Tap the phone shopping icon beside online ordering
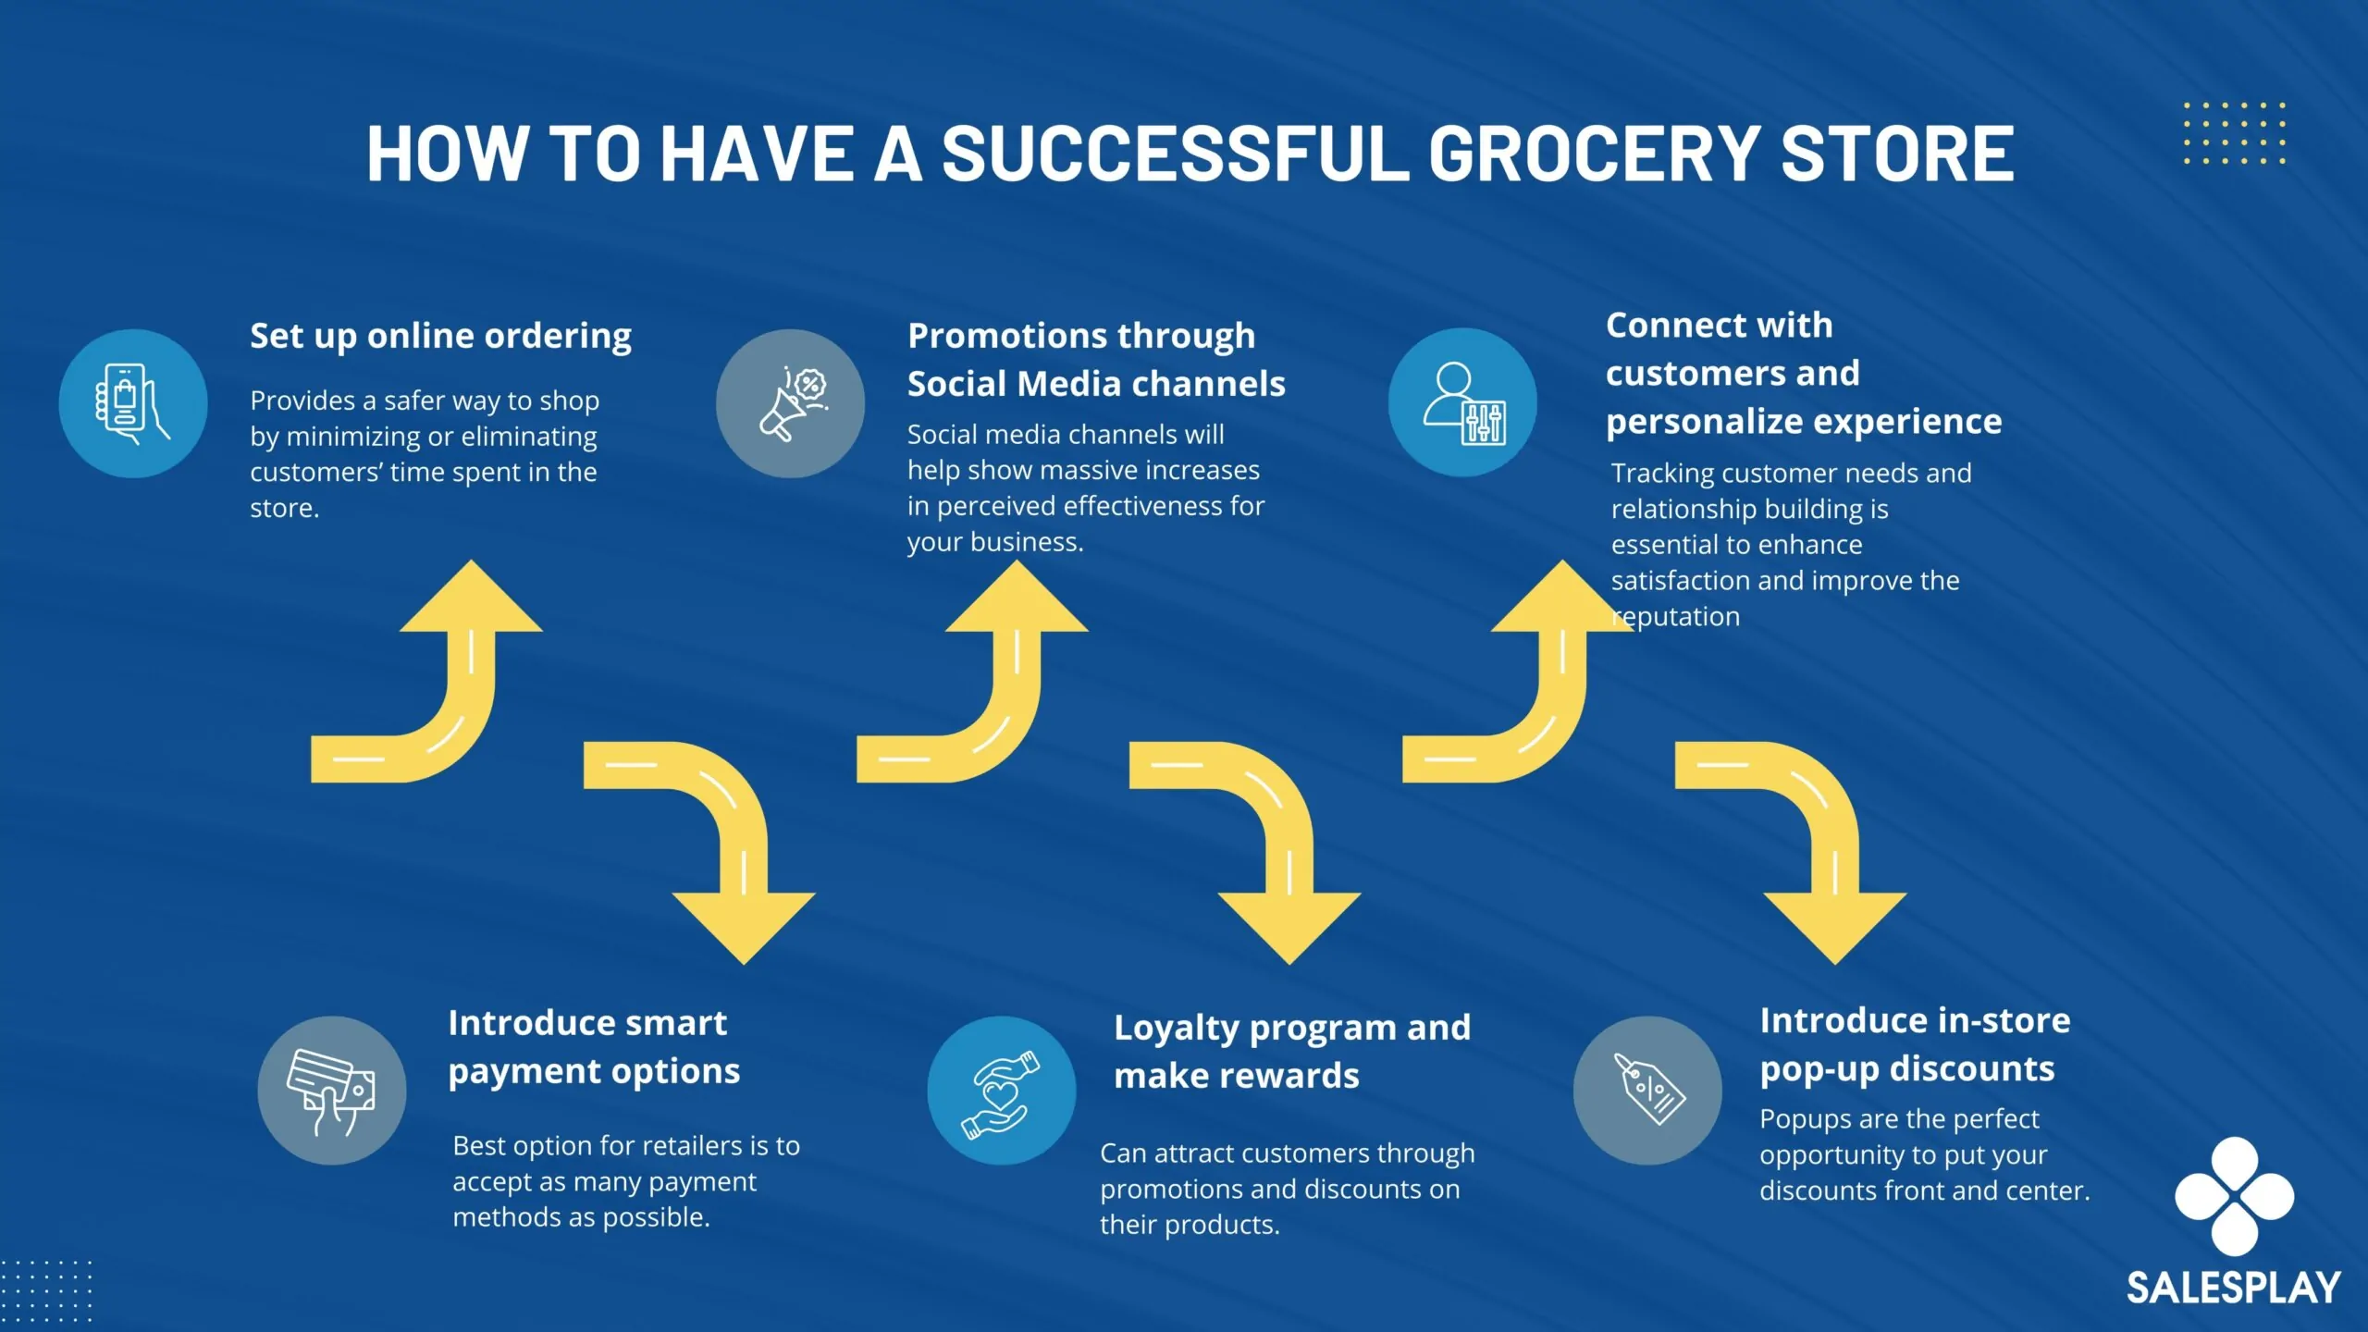(133, 404)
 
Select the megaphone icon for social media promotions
(791, 404)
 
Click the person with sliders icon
(1462, 403)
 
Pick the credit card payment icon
(331, 1091)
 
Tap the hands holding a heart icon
(1002, 1091)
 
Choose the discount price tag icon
(1647, 1091)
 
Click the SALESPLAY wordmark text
(2233, 1289)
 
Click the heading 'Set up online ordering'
(440, 337)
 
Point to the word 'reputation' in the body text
(1676, 617)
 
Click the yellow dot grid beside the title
(2234, 133)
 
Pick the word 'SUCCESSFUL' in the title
(1176, 154)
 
